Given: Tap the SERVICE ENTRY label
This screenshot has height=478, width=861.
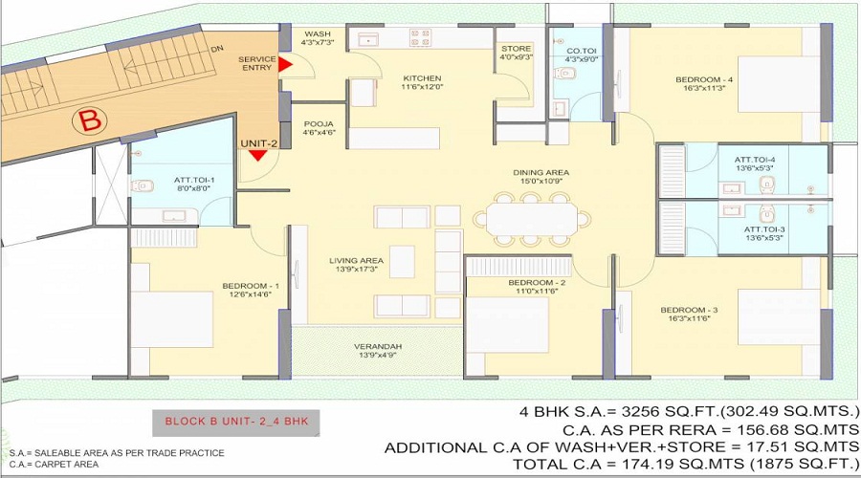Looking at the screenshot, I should [x=257, y=64].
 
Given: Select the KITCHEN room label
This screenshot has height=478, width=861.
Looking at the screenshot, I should [x=394, y=79].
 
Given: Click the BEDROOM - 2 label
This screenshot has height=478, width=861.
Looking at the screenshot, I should [x=537, y=285].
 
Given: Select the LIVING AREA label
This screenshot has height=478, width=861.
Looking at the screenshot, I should [x=356, y=261].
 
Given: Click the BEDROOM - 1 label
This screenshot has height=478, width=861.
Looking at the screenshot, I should [x=251, y=287].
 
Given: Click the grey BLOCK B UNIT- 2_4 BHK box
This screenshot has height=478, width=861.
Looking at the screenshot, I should [x=235, y=421].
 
